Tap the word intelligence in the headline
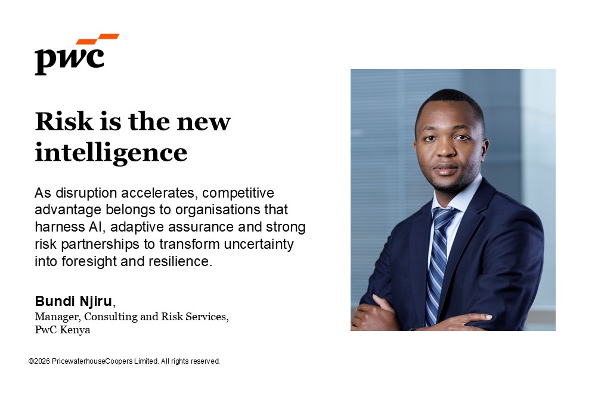coord(111,152)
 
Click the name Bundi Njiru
coord(73,301)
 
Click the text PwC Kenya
coord(63,330)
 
